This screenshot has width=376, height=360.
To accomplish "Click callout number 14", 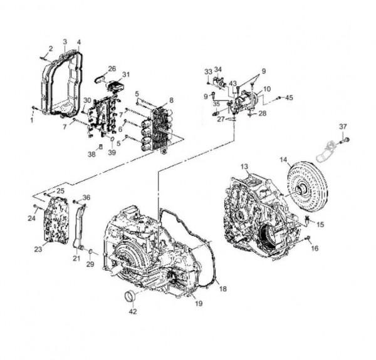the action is [283, 160].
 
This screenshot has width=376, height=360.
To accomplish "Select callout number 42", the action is [133, 311].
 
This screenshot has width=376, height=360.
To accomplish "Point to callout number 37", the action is [343, 126].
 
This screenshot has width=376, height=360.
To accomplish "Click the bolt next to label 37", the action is [345, 140].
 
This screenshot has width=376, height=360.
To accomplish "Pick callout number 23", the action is [38, 249].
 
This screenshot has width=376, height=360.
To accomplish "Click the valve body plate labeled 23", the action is [56, 219].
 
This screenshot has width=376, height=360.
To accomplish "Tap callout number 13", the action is [244, 167].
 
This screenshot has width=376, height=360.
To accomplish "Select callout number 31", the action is [126, 75].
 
